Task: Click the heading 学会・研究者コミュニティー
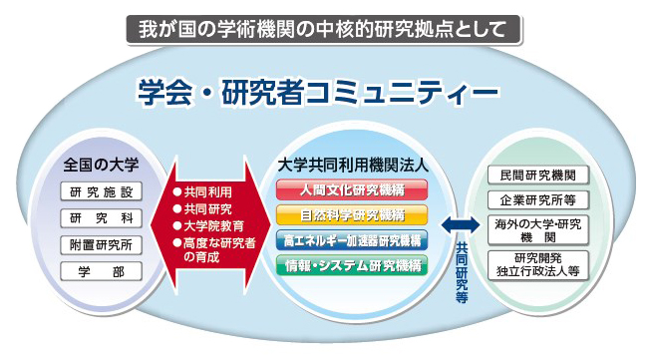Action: (x=318, y=94)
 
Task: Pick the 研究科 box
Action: (x=102, y=218)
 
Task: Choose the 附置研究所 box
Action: (x=102, y=244)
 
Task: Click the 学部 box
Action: (x=102, y=271)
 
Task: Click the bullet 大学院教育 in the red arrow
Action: (x=211, y=224)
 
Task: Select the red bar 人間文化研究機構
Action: (x=351, y=188)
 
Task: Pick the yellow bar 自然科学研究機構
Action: (x=351, y=214)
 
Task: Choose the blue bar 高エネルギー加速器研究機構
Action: (x=351, y=240)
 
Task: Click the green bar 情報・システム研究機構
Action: (x=351, y=265)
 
